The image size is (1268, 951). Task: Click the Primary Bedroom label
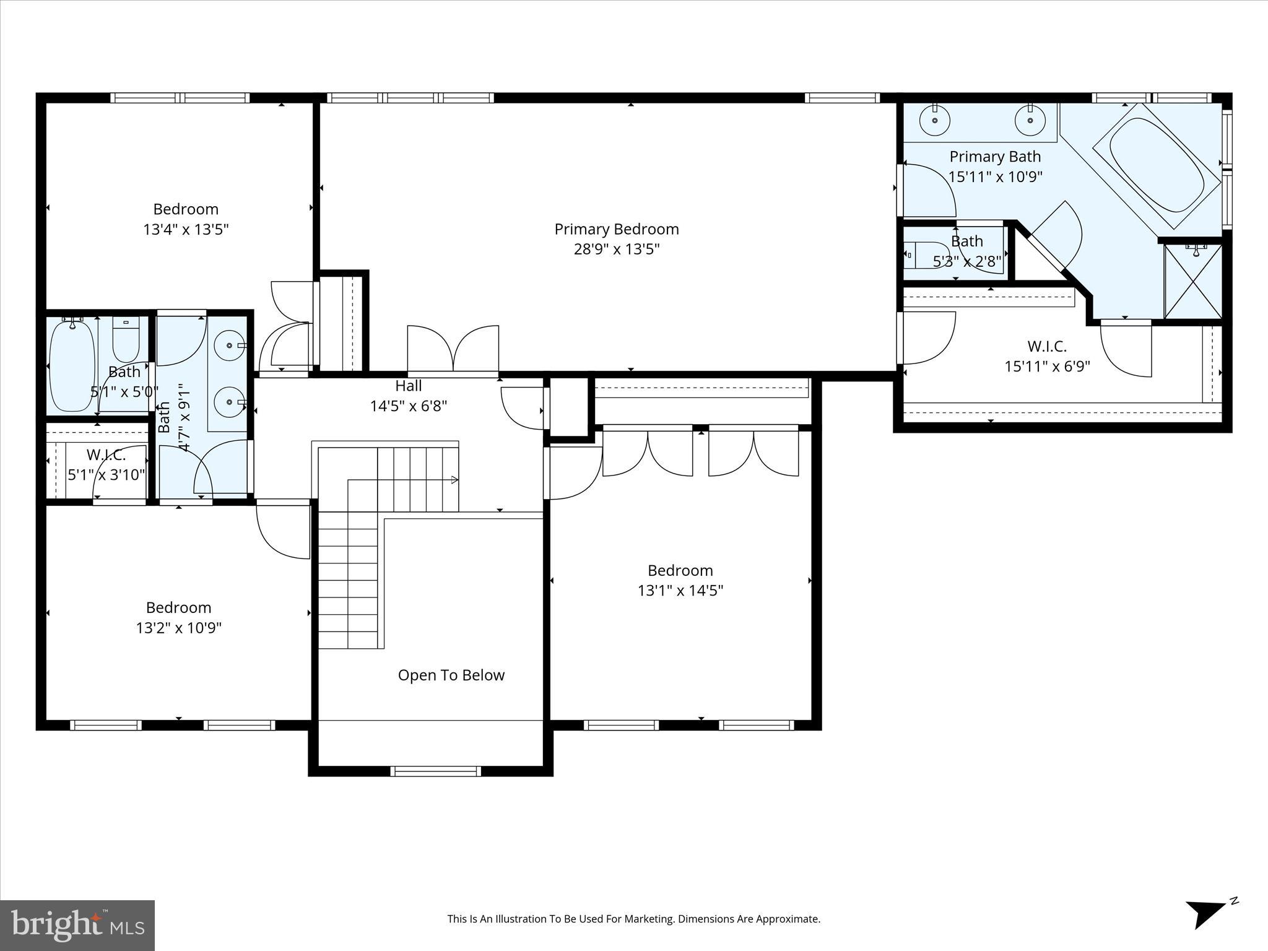click(x=616, y=229)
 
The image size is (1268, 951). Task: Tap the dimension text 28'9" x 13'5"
click(x=616, y=250)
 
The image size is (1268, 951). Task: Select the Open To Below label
click(x=451, y=675)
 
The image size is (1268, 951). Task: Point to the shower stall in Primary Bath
click(x=1192, y=280)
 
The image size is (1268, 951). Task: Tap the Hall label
click(x=409, y=386)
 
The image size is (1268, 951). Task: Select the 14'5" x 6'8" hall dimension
click(x=409, y=406)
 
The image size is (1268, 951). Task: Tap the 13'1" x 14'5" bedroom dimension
click(x=680, y=591)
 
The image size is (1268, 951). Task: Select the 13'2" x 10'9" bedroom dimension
click(x=179, y=628)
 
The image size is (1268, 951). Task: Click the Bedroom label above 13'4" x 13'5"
click(x=186, y=209)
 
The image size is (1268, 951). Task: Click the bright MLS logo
click(x=77, y=926)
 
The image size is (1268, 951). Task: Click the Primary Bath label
click(x=995, y=157)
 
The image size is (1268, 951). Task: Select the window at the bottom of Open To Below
click(x=435, y=771)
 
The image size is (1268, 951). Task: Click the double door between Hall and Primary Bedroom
click(x=453, y=350)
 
